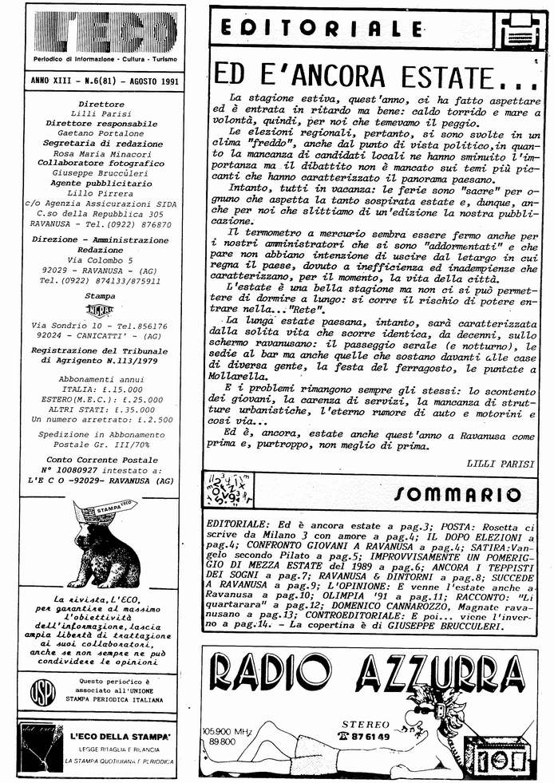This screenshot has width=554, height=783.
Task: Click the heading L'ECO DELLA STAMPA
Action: coord(120,735)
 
